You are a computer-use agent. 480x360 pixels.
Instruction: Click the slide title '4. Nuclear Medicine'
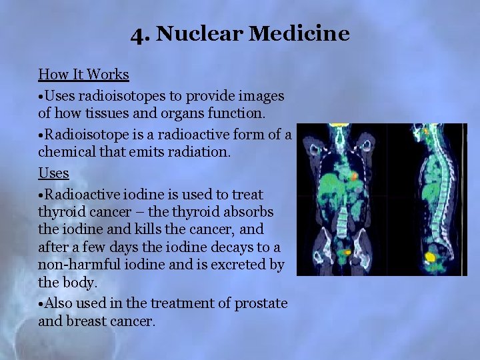point(240,33)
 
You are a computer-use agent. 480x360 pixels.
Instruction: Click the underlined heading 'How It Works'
point(83,74)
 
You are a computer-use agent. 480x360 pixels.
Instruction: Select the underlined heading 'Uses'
point(53,173)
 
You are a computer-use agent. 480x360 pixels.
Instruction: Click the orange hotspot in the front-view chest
point(355,176)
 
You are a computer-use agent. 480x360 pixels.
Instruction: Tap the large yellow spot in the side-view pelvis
point(431,257)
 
